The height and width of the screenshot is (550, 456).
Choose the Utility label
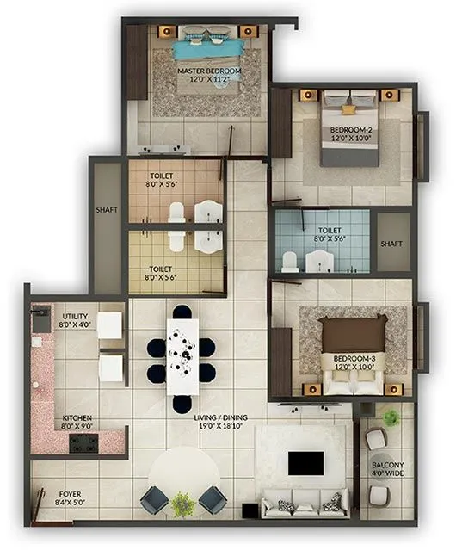[77, 320]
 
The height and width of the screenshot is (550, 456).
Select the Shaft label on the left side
[107, 209]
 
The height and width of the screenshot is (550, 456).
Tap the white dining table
[182, 354]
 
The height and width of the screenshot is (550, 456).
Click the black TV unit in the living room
[305, 463]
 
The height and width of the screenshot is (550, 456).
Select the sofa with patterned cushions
[305, 503]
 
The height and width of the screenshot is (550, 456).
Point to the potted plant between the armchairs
[182, 504]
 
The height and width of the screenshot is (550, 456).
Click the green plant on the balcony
[391, 417]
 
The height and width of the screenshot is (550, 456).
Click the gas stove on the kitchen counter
[84, 443]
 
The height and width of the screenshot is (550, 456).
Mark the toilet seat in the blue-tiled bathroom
[290, 260]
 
